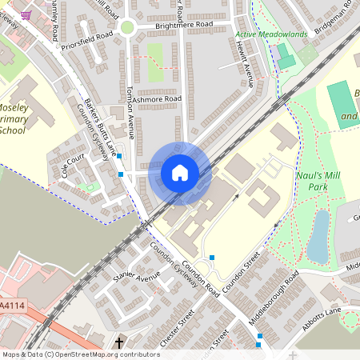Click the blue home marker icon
pyautogui.click(x=180, y=173)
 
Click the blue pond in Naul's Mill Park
pyautogui.click(x=318, y=235)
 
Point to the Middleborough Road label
pyautogui.click(x=274, y=297)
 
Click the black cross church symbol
pyautogui.click(x=119, y=343)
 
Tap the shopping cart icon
pyautogui.click(x=26, y=14)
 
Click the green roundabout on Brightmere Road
pyautogui.click(x=126, y=27)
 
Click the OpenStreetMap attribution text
pyautogui.click(x=81, y=354)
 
